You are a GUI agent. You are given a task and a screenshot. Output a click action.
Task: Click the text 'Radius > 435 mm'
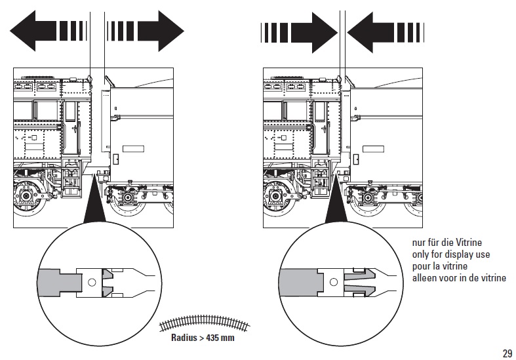click(x=201, y=338)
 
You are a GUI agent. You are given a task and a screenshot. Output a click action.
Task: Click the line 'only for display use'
click(x=451, y=254)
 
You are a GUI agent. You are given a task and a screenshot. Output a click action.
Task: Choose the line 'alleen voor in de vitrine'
click(x=459, y=277)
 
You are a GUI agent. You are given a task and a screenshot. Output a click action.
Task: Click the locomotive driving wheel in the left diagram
click(x=29, y=197)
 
